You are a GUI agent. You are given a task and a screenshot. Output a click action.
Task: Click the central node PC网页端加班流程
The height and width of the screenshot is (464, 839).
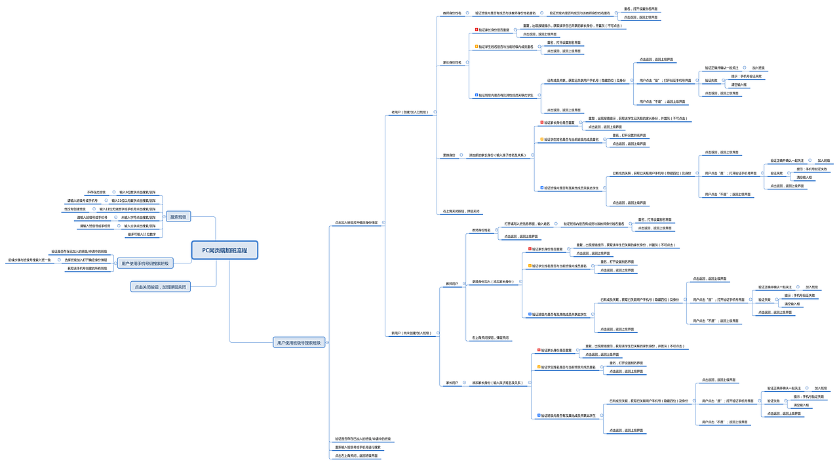(x=225, y=250)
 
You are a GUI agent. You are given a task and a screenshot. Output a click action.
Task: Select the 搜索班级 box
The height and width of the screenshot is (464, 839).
(x=178, y=217)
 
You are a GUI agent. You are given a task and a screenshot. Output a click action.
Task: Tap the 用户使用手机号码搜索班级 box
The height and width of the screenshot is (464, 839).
(x=145, y=263)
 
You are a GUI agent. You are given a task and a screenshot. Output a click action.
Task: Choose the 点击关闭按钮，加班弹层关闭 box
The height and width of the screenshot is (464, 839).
(x=161, y=287)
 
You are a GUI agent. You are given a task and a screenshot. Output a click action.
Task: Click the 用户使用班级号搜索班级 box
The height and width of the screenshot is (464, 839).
(x=298, y=342)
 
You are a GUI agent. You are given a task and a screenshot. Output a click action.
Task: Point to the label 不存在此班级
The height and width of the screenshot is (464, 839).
(x=96, y=192)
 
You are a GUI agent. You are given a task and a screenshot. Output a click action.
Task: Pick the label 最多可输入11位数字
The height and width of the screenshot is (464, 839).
(x=142, y=234)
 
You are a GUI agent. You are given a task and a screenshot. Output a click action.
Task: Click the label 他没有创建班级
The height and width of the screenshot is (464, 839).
(x=75, y=209)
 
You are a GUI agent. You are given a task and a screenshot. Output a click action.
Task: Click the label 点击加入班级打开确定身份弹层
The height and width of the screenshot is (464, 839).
(x=356, y=223)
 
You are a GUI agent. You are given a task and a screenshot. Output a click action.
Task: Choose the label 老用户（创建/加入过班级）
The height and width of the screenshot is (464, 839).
(x=410, y=112)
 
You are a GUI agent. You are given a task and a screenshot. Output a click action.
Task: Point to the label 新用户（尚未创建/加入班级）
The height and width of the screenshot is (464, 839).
(x=411, y=333)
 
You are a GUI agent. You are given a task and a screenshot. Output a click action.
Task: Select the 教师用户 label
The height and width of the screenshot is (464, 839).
(x=452, y=284)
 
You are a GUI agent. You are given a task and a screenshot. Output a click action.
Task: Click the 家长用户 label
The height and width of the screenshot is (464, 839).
(x=452, y=383)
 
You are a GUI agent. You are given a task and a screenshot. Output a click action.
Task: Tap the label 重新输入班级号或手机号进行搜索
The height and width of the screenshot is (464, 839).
(x=358, y=447)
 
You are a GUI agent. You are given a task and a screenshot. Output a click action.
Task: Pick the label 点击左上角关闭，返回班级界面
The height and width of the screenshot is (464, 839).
(x=357, y=455)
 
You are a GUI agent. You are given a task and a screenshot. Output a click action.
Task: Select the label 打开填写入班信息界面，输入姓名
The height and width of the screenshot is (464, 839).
(x=527, y=223)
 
